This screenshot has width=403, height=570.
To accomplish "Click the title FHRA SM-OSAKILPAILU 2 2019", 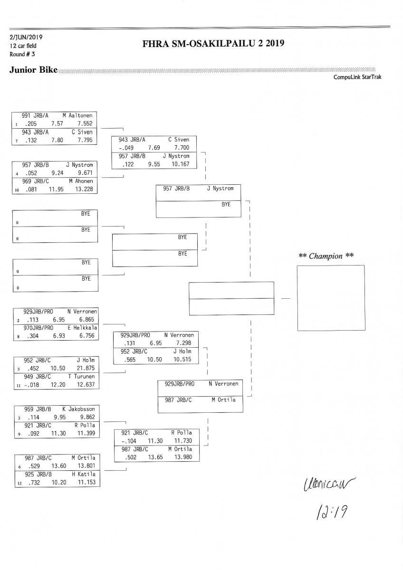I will (x=213, y=44).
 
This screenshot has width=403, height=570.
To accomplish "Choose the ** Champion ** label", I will (x=326, y=256).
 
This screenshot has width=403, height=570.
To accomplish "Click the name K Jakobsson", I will (x=78, y=408).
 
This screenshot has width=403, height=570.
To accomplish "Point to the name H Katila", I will (x=84, y=474).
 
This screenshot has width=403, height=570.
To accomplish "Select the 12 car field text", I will (x=23, y=46).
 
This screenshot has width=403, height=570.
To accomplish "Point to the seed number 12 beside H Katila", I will (x=17, y=483).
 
